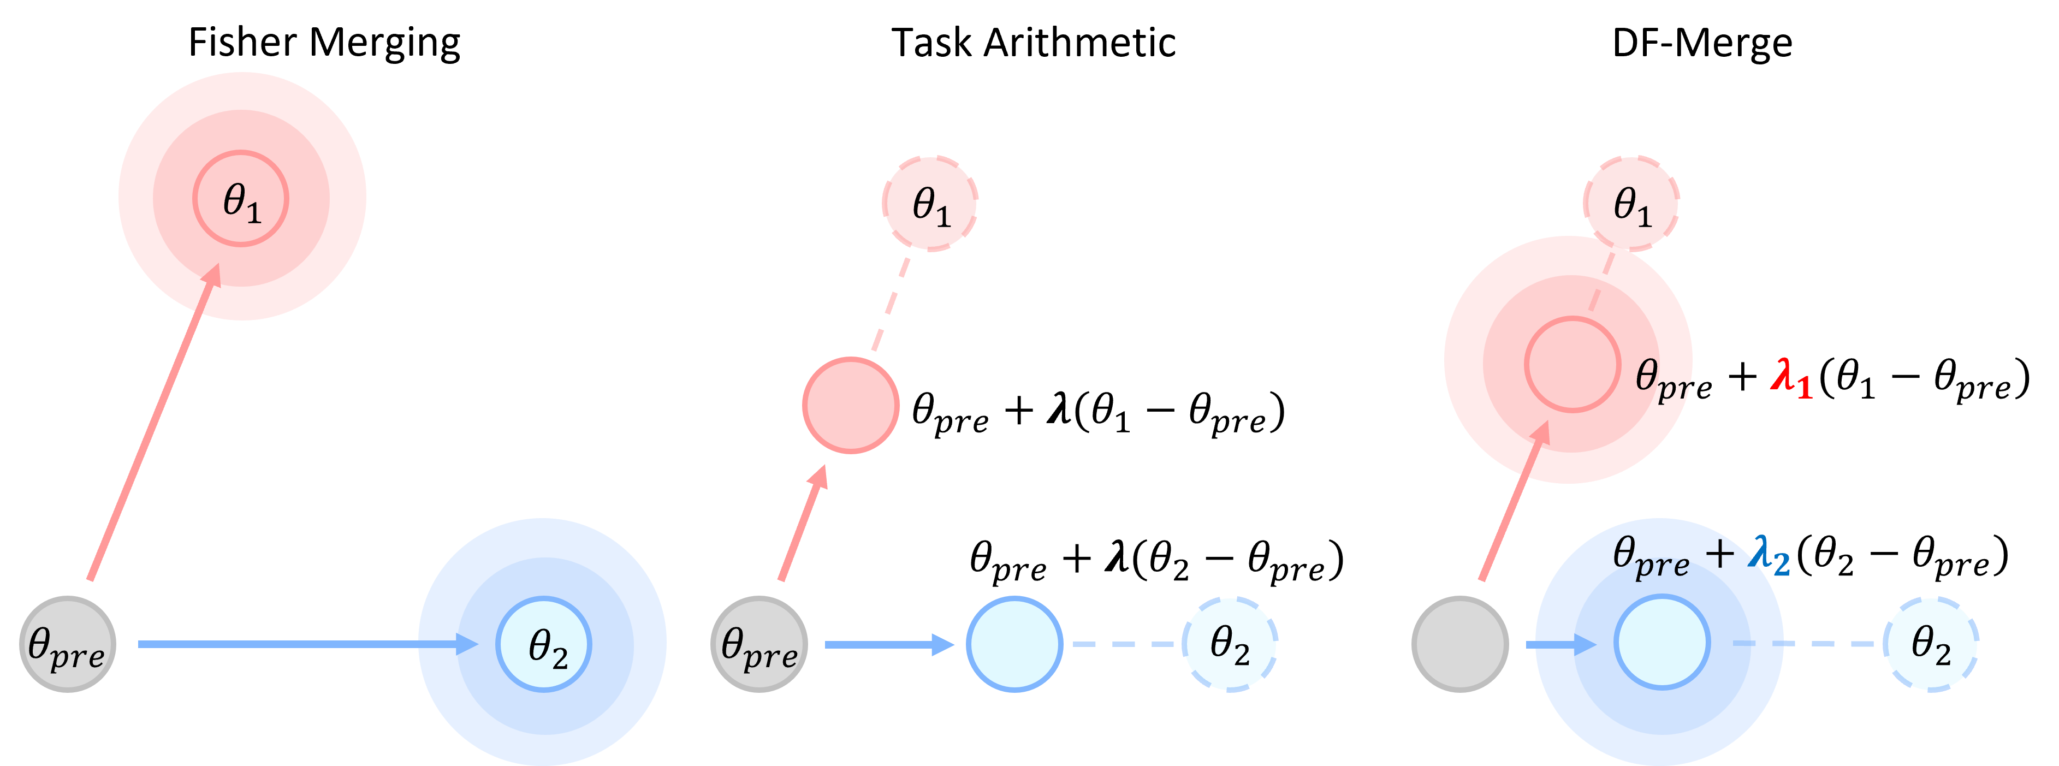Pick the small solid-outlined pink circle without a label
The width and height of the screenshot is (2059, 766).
(x=851, y=406)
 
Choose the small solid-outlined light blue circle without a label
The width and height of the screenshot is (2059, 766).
(x=1014, y=644)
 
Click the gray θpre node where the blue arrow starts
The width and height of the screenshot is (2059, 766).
(x=758, y=644)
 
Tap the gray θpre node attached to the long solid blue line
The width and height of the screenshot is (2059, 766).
(x=68, y=644)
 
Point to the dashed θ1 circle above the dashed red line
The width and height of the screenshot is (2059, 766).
(x=930, y=203)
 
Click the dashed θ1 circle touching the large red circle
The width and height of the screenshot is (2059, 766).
(x=1631, y=203)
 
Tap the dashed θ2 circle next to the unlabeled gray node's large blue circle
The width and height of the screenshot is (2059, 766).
(x=1930, y=644)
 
